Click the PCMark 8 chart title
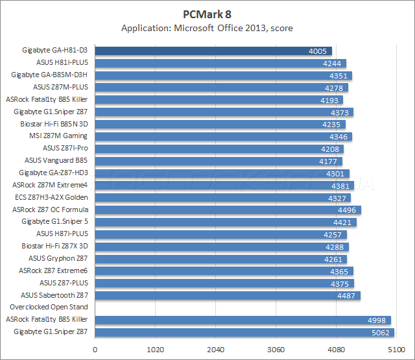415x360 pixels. tap(207, 14)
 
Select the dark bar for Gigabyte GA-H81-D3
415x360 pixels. tap(213, 51)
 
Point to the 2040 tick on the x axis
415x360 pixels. tap(215, 349)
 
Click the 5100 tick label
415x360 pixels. tap(395, 349)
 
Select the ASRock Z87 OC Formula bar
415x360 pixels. tap(228, 210)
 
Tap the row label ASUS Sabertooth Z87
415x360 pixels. tap(56, 295)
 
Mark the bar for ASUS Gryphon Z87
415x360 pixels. tap(221, 258)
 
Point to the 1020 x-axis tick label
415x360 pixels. tap(156, 349)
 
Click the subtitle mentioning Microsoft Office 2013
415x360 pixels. tap(207, 29)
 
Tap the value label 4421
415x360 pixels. tap(345, 222)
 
